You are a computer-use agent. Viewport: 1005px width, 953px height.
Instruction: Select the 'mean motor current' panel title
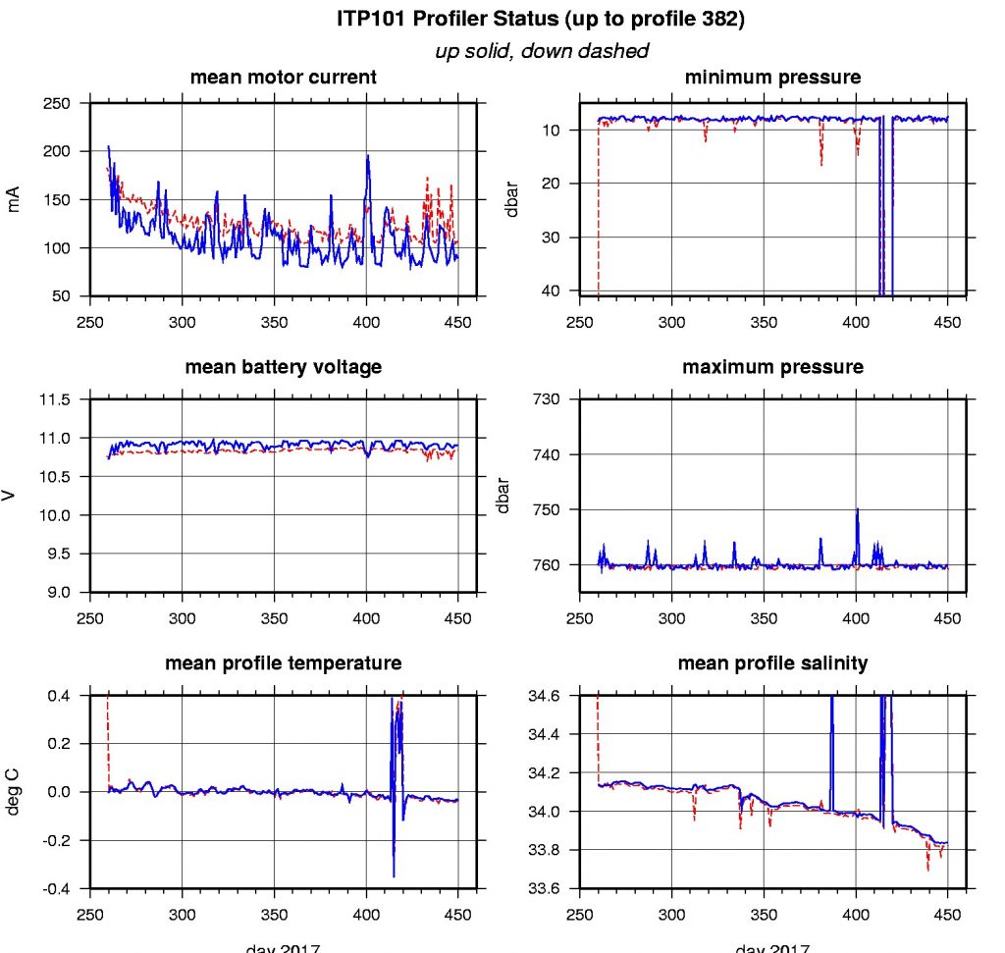point(283,78)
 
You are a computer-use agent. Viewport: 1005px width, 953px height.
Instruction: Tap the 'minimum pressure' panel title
point(772,78)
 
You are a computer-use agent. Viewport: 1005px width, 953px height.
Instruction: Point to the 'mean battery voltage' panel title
point(283,367)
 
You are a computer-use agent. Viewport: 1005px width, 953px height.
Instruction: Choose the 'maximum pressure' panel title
point(772,367)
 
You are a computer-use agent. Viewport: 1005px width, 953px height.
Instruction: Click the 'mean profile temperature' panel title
point(283,663)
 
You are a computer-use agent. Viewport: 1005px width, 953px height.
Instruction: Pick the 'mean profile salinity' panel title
point(772,663)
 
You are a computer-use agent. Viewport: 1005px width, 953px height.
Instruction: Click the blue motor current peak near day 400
point(368,156)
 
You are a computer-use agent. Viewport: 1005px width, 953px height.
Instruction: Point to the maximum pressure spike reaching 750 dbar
point(857,508)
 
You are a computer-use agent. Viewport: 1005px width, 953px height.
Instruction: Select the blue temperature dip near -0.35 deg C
point(394,874)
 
